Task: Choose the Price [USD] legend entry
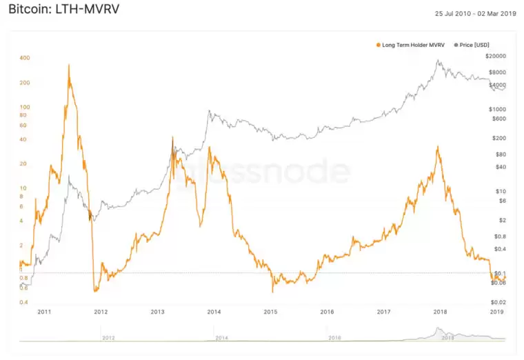(x=472, y=45)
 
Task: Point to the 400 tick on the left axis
(x=24, y=58)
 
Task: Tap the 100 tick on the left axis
(x=24, y=107)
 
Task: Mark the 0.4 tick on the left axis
(x=23, y=302)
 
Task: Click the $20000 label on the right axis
(x=495, y=56)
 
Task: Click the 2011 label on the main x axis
(x=44, y=312)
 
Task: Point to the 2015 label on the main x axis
(x=270, y=312)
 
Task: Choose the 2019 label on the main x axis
(x=496, y=312)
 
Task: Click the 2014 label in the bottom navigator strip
(x=221, y=338)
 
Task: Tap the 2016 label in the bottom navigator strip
(x=334, y=338)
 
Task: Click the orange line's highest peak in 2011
(x=69, y=65)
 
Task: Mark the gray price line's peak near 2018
(x=438, y=61)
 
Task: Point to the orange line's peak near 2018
(x=438, y=146)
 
